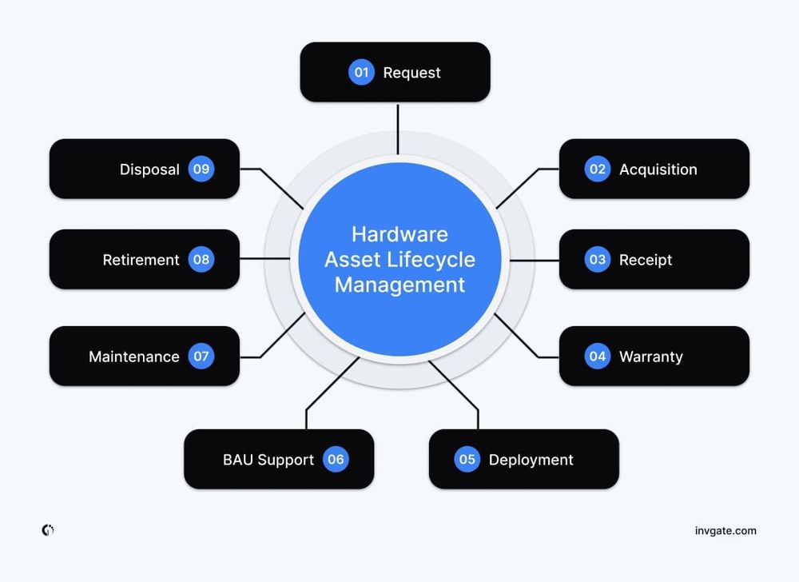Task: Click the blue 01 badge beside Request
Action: pyautogui.click(x=361, y=73)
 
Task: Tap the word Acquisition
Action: pyautogui.click(x=658, y=169)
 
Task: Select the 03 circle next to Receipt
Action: pyautogui.click(x=597, y=260)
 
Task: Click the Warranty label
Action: pyautogui.click(x=650, y=357)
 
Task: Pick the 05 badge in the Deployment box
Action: pyautogui.click(x=467, y=460)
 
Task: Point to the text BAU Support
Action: pyautogui.click(x=268, y=460)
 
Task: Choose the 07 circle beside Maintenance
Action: pyautogui.click(x=201, y=357)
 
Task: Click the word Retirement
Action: pyautogui.click(x=141, y=260)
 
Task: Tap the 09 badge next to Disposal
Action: pyautogui.click(x=201, y=169)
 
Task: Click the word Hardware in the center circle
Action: pyautogui.click(x=399, y=234)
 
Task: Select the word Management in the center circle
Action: pyautogui.click(x=399, y=285)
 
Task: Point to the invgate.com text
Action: pyautogui.click(x=725, y=531)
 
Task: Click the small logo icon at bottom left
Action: pyautogui.click(x=48, y=530)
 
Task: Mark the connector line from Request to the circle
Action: pyautogui.click(x=397, y=128)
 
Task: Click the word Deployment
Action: pyautogui.click(x=531, y=460)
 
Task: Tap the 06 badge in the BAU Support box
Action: pyautogui.click(x=336, y=460)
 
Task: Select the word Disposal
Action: pyautogui.click(x=149, y=169)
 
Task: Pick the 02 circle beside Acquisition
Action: pyautogui.click(x=597, y=169)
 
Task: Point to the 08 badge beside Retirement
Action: pyautogui.click(x=201, y=260)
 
